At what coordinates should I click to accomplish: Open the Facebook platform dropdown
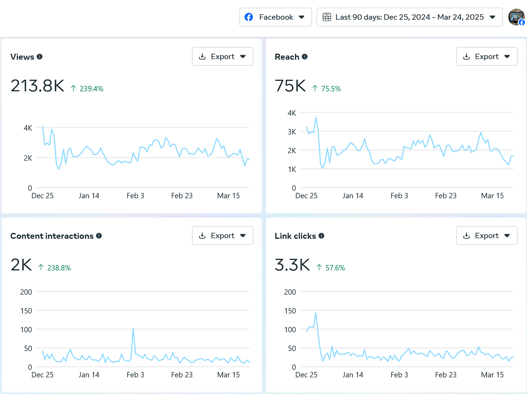click(x=276, y=17)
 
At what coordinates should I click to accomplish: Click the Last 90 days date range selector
click(x=409, y=17)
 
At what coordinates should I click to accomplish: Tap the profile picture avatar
click(x=517, y=17)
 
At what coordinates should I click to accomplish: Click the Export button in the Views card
click(x=222, y=56)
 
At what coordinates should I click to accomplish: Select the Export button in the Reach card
click(x=487, y=56)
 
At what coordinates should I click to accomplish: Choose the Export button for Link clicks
click(x=487, y=236)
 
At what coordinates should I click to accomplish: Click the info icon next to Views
click(x=40, y=56)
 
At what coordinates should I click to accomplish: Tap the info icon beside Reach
click(x=305, y=56)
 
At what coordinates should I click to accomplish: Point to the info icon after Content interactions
click(x=99, y=236)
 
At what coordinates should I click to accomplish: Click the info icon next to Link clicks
click(x=321, y=236)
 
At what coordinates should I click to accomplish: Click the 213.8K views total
click(x=38, y=86)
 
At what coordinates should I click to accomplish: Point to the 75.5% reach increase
click(x=331, y=89)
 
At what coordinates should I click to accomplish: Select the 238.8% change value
click(x=59, y=268)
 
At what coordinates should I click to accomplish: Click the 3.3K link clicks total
click(x=293, y=265)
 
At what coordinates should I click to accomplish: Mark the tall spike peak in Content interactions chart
click(x=133, y=328)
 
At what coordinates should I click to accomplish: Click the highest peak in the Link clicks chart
click(x=316, y=313)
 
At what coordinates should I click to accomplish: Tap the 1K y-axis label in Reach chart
click(x=292, y=169)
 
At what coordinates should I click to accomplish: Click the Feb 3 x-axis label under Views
click(x=135, y=196)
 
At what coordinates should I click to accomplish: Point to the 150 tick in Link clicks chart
click(x=290, y=311)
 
